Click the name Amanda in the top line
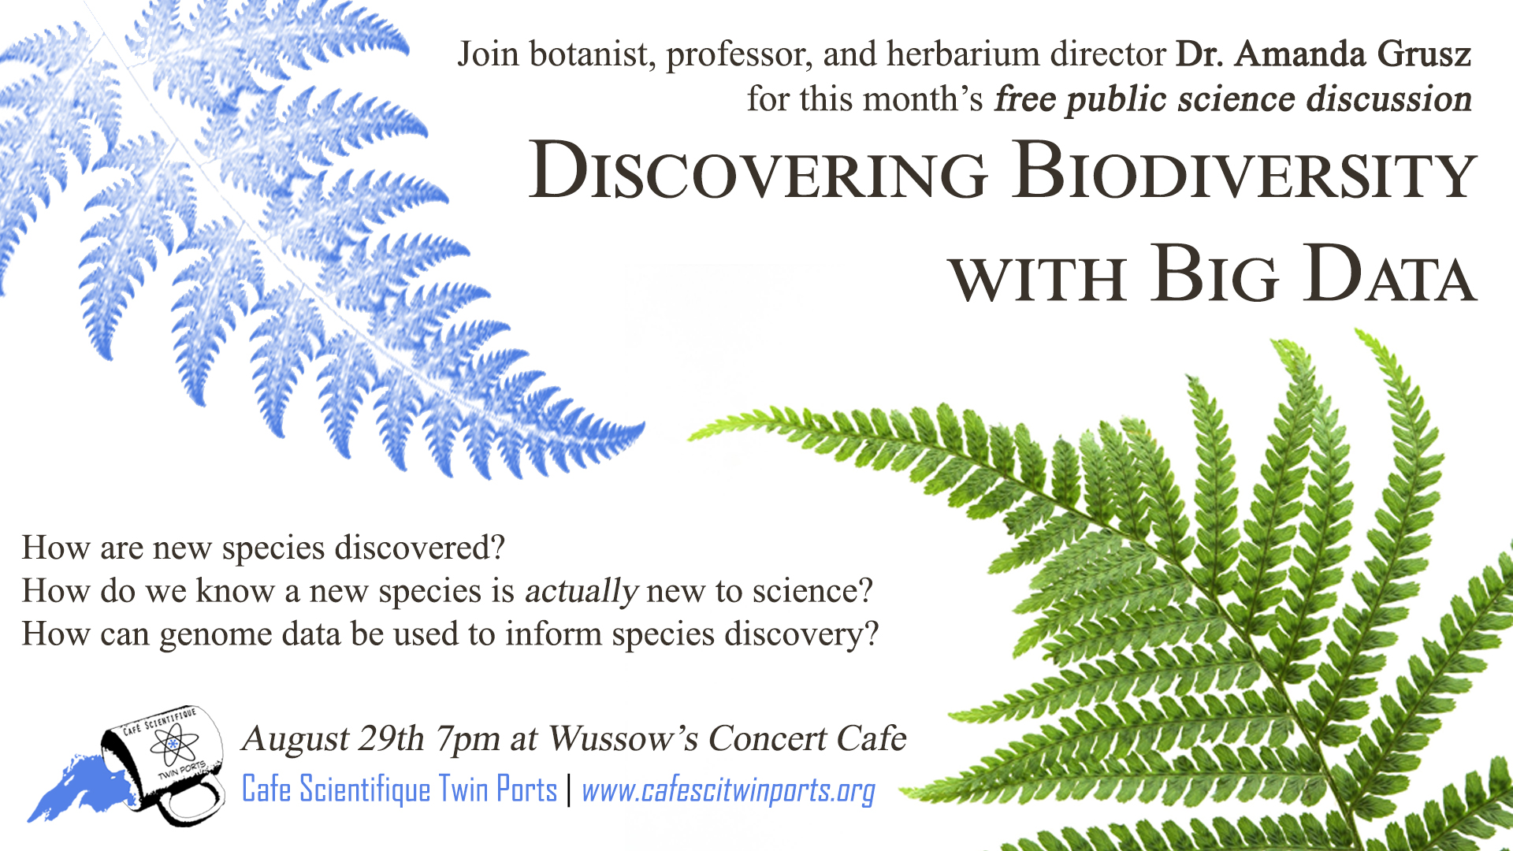pyautogui.click(x=1299, y=54)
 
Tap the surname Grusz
pyautogui.click(x=1424, y=54)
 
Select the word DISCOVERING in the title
pyautogui.click(x=758, y=171)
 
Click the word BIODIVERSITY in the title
pyautogui.click(x=1246, y=171)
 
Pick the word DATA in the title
pyautogui.click(x=1389, y=273)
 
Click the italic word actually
pyautogui.click(x=581, y=592)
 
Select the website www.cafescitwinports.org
pyautogui.click(x=728, y=790)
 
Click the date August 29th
pyautogui.click(x=334, y=738)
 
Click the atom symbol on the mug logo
pyautogui.click(x=173, y=743)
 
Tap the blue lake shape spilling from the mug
pyautogui.click(x=75, y=789)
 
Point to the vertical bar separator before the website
pyautogui.click(x=569, y=790)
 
